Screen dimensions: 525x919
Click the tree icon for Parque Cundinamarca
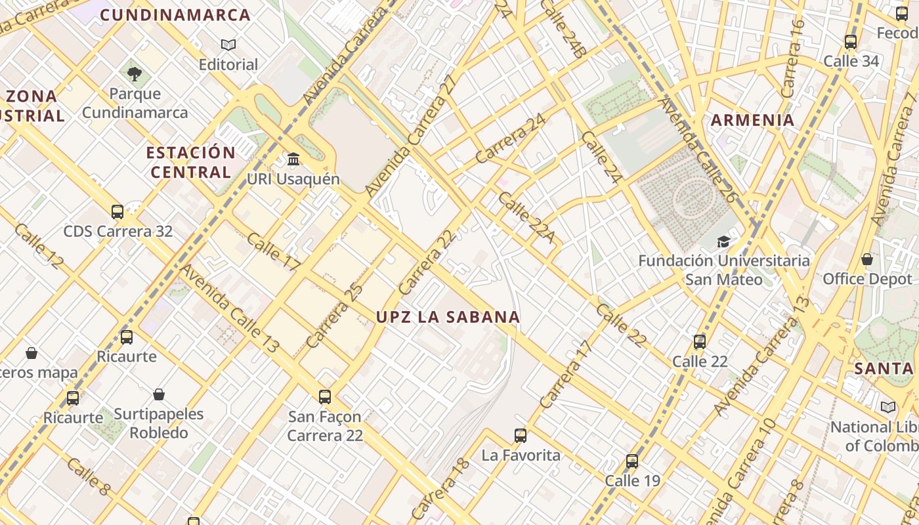135,73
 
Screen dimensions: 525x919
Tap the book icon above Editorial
228,45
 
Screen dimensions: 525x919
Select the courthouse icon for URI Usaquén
293,159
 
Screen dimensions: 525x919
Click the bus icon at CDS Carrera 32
118,211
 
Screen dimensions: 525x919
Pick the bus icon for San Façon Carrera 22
324,396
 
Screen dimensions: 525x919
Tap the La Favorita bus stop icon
521,435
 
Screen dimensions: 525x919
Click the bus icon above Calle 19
631,461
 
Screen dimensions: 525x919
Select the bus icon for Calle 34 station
851,41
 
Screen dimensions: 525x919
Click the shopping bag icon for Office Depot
867,259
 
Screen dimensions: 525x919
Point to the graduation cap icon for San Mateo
723,241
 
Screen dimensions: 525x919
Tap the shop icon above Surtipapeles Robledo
158,394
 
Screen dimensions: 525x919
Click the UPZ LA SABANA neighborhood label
448,317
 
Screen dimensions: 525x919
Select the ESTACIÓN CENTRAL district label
190,162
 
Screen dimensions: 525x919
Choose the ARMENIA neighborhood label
753,120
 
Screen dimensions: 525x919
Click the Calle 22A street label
525,217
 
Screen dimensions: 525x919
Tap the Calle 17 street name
273,251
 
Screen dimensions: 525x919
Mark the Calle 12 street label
39,246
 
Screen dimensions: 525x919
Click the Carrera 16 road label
793,59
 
